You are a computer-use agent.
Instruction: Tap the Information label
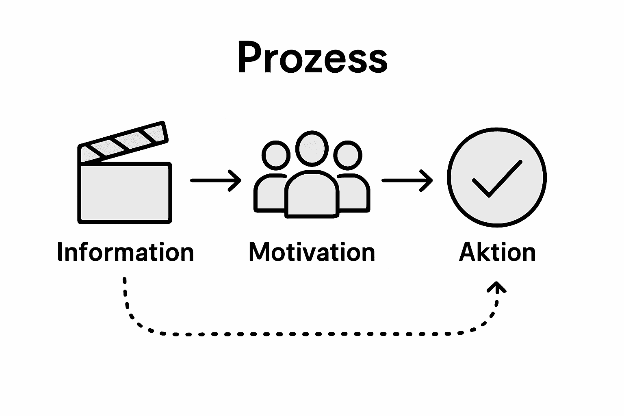pos(126,252)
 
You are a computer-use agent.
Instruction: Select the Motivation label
pos(312,252)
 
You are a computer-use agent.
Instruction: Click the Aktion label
pos(497,252)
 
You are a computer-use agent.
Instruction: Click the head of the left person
pos(276,155)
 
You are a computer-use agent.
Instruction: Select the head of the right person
pos(348,155)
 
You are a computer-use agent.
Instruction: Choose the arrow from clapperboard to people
pos(215,180)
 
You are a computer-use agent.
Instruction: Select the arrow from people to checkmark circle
pos(407,180)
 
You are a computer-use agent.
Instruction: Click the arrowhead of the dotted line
pos(497,287)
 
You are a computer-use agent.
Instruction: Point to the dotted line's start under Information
pos(125,281)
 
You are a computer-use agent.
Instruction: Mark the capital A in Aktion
pos(467,252)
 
